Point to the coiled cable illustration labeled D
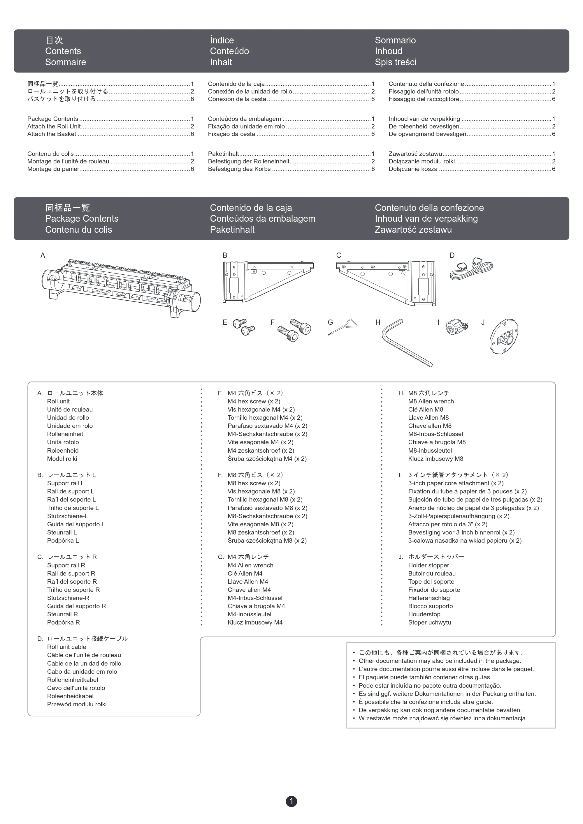tap(471, 269)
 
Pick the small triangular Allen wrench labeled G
tap(343, 327)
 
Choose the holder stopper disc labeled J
tap(504, 336)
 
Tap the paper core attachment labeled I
tap(456, 327)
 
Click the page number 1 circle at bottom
tap(291, 801)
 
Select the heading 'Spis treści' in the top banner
tap(396, 62)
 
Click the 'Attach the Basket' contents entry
tap(52, 134)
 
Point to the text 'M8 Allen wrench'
tap(431, 401)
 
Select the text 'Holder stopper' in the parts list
tap(429, 565)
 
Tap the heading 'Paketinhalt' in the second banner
tap(232, 230)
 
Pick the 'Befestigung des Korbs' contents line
tap(239, 169)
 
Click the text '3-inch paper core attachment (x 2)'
tap(456, 483)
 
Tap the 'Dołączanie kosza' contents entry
tap(413, 169)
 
